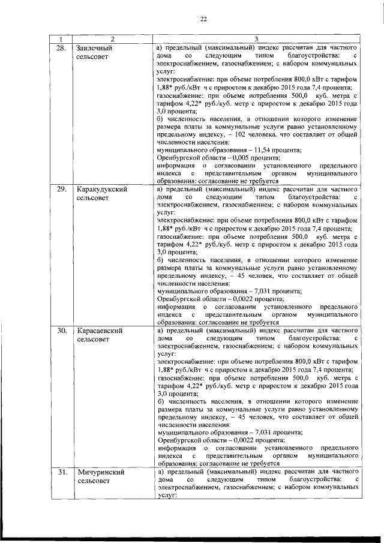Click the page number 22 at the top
203,19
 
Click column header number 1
61,40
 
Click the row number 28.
61,47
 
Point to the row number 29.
61,189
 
